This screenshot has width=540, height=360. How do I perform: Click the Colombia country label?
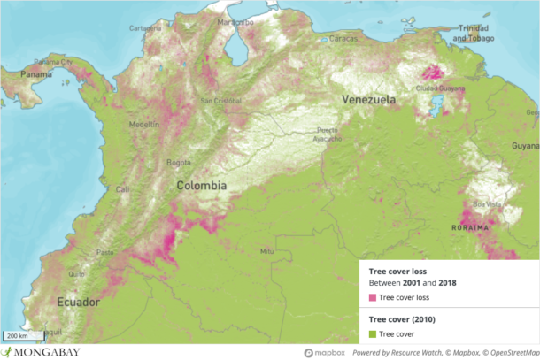201,186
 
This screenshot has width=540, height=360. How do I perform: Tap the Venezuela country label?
369,100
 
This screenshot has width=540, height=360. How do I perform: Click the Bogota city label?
179,163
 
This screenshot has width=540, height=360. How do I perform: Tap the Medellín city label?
144,125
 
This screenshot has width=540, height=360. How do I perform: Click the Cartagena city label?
146,27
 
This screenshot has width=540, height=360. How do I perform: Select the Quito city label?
77,273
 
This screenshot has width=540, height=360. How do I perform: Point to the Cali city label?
122,189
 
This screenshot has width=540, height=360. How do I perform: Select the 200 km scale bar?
19,336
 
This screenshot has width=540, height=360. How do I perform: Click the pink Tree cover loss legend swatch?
373,298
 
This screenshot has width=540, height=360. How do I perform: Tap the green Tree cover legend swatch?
373,333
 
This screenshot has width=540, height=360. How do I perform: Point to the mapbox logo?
325,352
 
